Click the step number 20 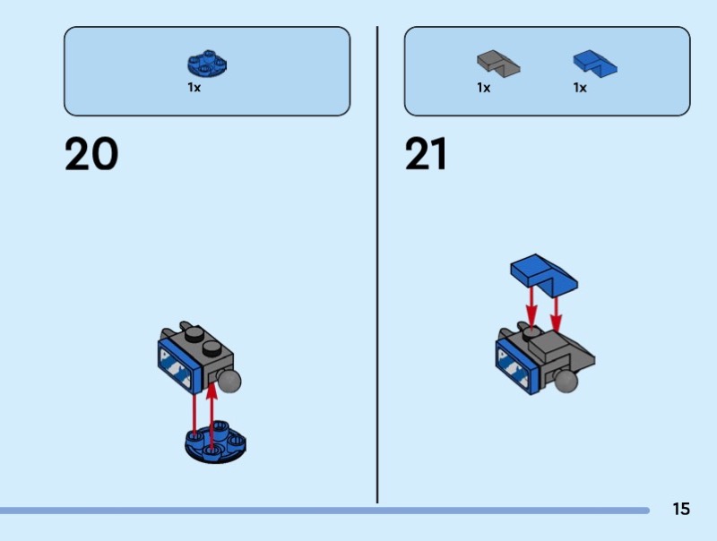91,154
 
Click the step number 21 425,154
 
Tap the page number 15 681,509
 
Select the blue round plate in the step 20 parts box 207,63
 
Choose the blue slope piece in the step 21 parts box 595,64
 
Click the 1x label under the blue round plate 194,87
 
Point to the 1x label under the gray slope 483,87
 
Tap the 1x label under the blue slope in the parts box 580,87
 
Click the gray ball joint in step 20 229,381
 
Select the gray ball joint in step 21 566,381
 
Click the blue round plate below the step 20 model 215,442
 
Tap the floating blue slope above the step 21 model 544,274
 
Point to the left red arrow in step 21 531,306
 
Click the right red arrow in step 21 556,313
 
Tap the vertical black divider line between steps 377,265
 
